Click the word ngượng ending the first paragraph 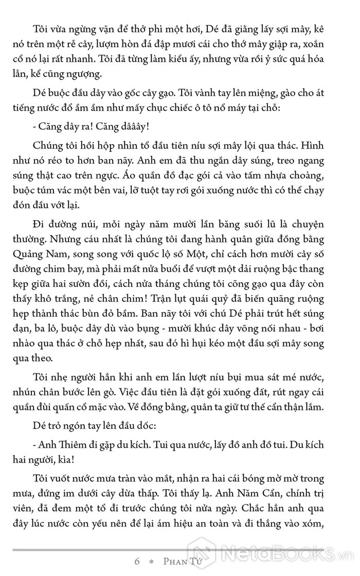tap(88, 73)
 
